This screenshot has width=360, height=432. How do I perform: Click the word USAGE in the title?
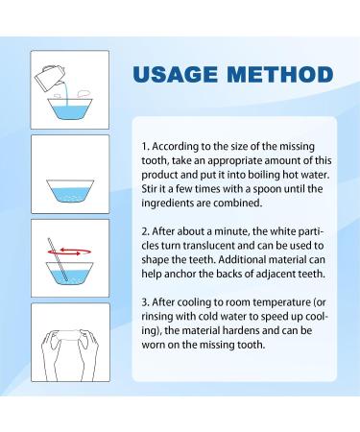[x=176, y=75]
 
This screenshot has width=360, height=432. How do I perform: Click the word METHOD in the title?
[x=280, y=75]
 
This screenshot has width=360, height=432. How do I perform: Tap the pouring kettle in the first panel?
[x=49, y=78]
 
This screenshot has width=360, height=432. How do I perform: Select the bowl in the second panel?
[x=70, y=191]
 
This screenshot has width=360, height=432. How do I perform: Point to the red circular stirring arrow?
[x=69, y=252]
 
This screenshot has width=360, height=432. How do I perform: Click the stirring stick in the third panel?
[x=58, y=259]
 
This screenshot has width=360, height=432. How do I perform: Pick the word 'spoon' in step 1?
[x=267, y=189]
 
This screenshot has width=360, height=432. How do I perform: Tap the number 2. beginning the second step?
[x=146, y=231]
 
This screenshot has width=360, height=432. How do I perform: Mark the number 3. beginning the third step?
[x=146, y=302]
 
